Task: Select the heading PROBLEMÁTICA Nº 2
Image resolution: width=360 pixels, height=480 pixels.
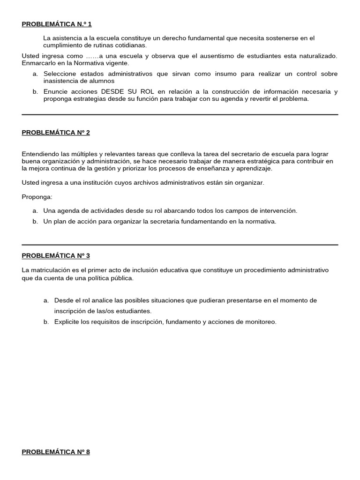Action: (56, 133)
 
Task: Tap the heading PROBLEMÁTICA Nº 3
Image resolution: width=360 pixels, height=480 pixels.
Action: (56, 255)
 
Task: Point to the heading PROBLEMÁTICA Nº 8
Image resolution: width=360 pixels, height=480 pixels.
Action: (56, 452)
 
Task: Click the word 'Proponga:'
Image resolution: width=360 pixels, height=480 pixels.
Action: (37, 197)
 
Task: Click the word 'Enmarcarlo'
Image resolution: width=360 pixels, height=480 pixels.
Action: (38, 63)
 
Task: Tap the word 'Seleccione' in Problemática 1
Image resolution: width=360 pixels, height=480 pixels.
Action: (60, 74)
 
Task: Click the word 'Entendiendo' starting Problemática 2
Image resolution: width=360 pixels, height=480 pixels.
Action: (41, 154)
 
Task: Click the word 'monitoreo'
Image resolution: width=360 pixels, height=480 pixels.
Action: (262, 322)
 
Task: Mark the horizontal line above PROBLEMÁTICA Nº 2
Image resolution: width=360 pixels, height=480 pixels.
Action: (180, 114)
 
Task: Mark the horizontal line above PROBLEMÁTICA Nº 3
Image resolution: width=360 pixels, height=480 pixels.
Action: (180, 245)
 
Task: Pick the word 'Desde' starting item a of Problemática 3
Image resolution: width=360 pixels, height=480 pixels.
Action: (63, 300)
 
